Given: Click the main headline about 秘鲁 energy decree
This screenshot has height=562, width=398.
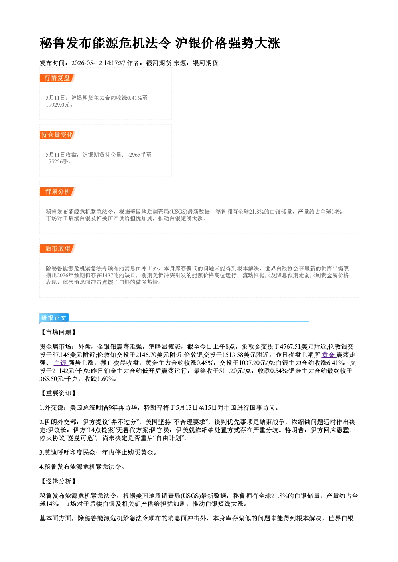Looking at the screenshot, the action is coord(160,43).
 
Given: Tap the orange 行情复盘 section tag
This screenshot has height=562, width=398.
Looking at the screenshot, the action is coord(57,78).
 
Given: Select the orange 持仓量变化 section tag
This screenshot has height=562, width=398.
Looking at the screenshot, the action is coord(57,135).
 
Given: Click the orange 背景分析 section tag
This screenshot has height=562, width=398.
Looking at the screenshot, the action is coord(57,192).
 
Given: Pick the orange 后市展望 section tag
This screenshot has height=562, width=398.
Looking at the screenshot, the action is coord(57,249).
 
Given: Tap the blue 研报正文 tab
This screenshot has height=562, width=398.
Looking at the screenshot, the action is coord(54,318).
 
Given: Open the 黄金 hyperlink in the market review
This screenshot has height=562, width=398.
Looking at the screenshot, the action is coord(329,355).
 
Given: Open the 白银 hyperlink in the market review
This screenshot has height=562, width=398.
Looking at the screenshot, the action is coord(61,363).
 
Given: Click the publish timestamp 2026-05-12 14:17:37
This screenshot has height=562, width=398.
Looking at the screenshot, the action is coord(98,63).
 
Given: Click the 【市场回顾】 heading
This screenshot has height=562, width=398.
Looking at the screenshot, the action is coord(58,332).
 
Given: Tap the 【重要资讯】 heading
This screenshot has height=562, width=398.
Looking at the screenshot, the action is coord(58,393).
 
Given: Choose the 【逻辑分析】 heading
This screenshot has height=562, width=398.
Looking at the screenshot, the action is coord(58,481).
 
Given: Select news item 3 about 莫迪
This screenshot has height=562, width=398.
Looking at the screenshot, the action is coord(98,452).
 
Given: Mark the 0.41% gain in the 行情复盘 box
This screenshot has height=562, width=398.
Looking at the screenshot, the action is coord(135,98).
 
